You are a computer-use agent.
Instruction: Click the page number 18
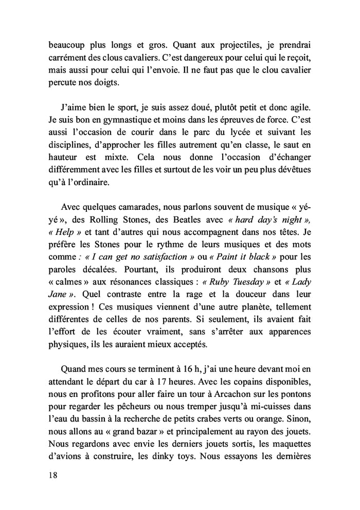50,476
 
